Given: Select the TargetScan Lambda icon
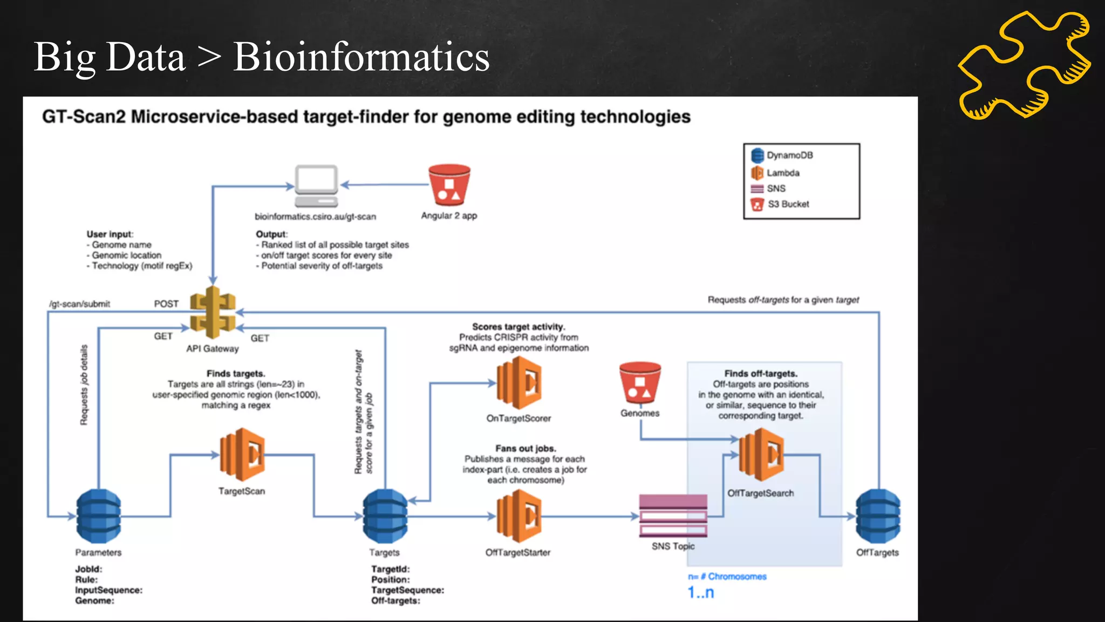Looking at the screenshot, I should click(x=242, y=455).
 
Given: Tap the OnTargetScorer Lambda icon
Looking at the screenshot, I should click(x=519, y=383).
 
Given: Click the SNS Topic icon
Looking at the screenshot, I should click(x=673, y=516).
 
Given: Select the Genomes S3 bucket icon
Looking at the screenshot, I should click(x=640, y=383).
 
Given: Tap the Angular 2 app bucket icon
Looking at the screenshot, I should click(x=449, y=185).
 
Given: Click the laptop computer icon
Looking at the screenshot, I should click(x=317, y=186).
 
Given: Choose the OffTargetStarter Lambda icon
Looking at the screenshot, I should click(x=519, y=516).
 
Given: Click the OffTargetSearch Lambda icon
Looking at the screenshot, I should click(x=761, y=455).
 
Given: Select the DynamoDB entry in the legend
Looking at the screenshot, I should click(x=782, y=155).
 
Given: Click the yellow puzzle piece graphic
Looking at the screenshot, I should click(x=1024, y=65).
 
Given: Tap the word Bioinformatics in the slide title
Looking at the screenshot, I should click(x=361, y=57).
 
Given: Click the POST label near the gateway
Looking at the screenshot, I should click(x=166, y=304).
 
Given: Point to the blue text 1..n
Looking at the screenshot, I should click(x=700, y=593).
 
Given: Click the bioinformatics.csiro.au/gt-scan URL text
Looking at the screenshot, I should click(x=315, y=217).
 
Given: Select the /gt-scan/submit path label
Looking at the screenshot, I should click(x=80, y=304).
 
